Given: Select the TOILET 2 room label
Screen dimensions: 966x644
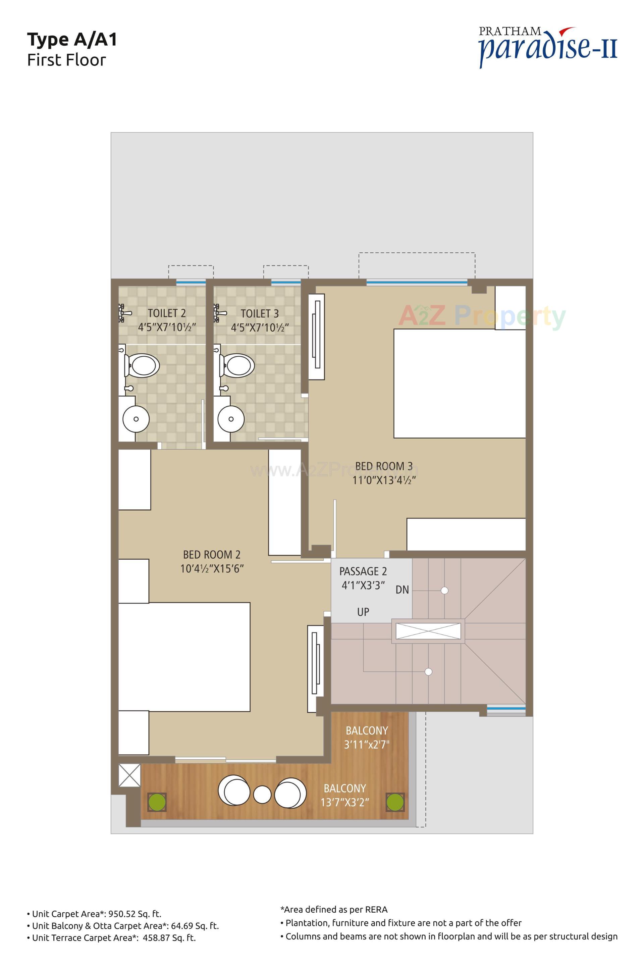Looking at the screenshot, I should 166,313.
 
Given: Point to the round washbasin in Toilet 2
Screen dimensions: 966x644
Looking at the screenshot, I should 136,419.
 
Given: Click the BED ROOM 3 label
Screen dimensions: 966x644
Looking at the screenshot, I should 384,466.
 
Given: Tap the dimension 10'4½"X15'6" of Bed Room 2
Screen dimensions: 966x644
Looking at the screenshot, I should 212,569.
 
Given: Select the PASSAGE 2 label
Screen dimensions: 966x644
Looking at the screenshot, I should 363,571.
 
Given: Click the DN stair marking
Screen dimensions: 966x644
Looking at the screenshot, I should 402,590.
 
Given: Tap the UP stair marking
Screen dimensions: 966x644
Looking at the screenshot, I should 363,612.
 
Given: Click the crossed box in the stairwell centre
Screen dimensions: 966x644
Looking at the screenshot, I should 428,631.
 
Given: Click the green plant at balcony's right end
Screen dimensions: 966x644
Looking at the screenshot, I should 395,802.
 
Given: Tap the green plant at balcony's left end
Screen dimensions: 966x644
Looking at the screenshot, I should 157,802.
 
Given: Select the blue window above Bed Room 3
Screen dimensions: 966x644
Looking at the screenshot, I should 417,282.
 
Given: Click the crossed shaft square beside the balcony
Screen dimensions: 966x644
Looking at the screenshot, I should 129,775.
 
